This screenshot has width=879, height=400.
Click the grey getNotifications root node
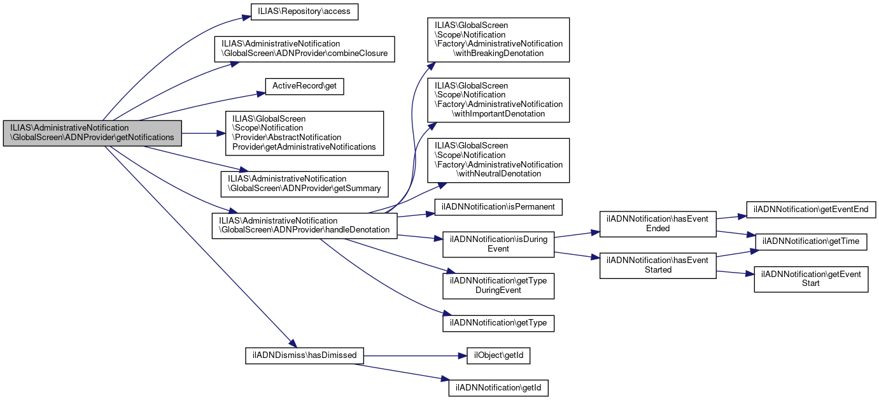click(x=92, y=132)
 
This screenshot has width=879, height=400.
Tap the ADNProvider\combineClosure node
click(x=304, y=48)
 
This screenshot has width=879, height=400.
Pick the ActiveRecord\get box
click(x=304, y=86)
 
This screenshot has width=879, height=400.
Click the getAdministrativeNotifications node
click(x=304, y=133)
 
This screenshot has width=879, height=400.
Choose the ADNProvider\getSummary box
click(x=304, y=183)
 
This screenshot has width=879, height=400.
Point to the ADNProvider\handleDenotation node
click(x=304, y=225)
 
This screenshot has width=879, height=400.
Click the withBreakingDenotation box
click(x=498, y=39)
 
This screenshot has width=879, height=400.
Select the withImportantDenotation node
click(x=498, y=100)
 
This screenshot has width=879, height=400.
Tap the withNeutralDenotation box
click(x=498, y=160)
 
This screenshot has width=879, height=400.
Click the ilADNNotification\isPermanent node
click(x=498, y=207)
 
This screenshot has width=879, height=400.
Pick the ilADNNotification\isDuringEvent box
click(x=498, y=244)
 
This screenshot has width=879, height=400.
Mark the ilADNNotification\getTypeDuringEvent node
click(x=498, y=285)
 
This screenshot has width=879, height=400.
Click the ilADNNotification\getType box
click(x=498, y=323)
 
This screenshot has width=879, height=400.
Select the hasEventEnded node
click(x=658, y=224)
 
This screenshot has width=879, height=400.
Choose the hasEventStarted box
click(x=658, y=265)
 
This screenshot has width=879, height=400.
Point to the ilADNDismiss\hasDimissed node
click(x=305, y=355)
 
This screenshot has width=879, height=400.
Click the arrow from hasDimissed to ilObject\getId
click(x=414, y=355)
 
